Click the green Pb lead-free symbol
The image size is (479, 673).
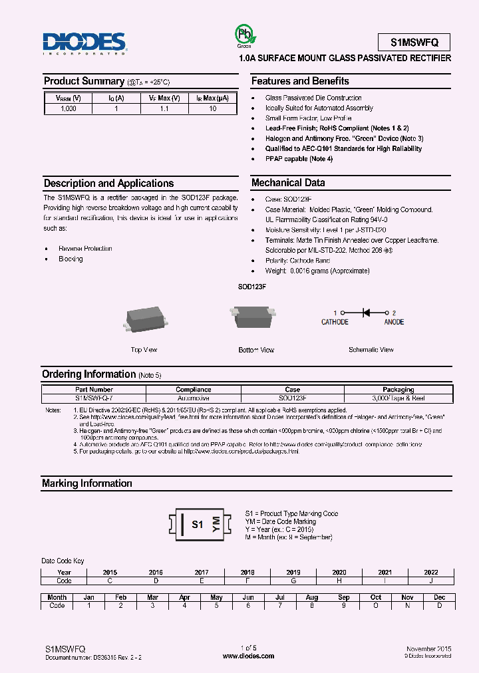point(243,35)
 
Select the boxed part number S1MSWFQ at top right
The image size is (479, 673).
point(414,42)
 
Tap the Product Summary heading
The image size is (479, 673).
point(84,81)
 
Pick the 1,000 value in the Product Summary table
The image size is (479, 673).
point(68,108)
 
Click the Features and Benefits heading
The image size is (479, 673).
point(299,81)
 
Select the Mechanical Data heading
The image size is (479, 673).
point(288,183)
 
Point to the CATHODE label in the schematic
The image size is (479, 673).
point(335,322)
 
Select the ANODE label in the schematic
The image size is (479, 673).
point(394,322)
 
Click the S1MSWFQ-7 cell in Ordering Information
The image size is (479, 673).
point(94,398)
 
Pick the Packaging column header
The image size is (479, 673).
point(398,390)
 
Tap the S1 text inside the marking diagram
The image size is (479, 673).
point(197,524)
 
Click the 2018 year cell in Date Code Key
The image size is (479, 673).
point(247,572)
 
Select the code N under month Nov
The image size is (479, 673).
point(408,606)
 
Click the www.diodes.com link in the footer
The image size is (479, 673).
point(248,656)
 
